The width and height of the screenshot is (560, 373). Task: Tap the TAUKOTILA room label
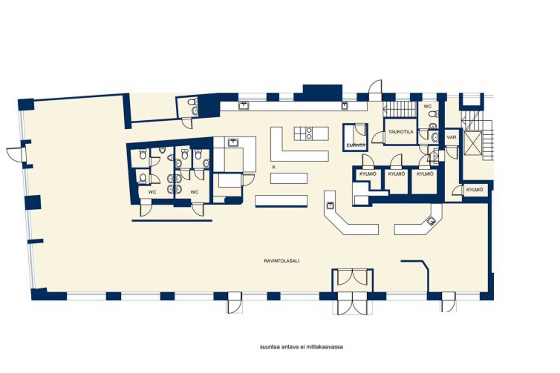point(400,132)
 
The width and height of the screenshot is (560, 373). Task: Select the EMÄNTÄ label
point(355,145)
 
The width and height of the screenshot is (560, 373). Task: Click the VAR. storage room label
point(451,137)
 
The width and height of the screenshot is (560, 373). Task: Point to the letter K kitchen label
point(274,167)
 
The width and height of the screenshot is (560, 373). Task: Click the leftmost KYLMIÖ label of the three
point(368,174)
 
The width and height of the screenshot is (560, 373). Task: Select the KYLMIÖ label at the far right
point(475,190)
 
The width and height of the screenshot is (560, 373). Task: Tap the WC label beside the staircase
point(427,106)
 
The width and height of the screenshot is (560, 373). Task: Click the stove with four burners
point(303,133)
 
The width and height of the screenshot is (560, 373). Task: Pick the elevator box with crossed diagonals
point(473,143)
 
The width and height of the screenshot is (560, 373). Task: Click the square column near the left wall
point(33,203)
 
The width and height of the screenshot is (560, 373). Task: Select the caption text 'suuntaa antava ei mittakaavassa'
point(301,347)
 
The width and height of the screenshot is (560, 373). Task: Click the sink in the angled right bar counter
point(431,221)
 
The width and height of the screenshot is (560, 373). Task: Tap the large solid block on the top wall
point(322,92)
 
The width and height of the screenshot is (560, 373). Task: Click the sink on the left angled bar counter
point(330,205)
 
